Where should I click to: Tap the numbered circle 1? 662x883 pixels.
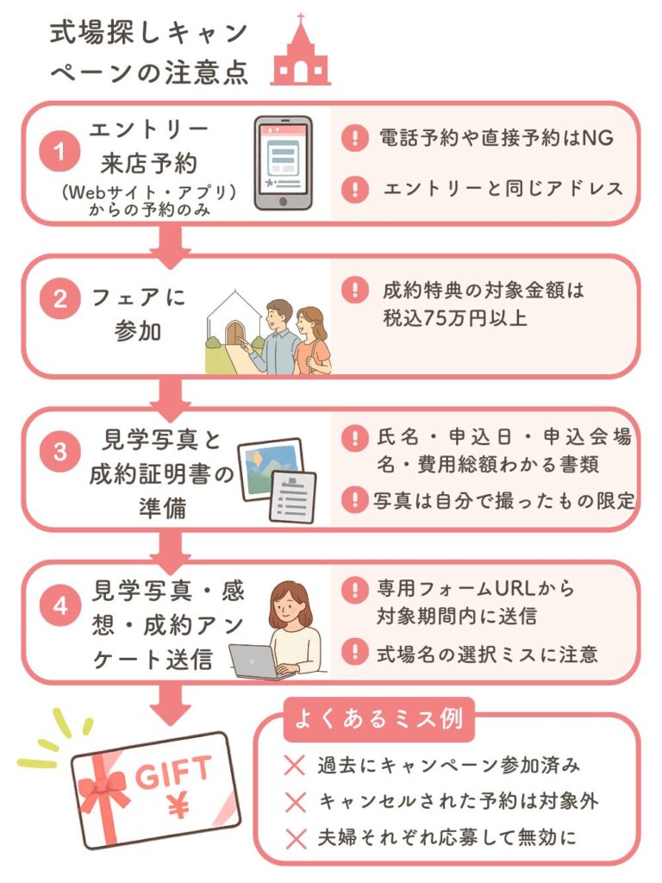(60, 153)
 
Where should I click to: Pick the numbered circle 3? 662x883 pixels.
(60, 453)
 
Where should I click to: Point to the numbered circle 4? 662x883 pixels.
(60, 605)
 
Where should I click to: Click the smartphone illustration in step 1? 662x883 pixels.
(283, 164)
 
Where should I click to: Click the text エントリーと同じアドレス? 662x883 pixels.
(503, 189)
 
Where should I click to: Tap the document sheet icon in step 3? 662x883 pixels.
(292, 497)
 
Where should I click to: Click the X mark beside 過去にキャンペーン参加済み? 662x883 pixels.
(295, 764)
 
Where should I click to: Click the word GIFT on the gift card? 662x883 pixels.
(172, 770)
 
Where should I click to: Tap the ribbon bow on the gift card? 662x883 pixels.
(103, 789)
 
